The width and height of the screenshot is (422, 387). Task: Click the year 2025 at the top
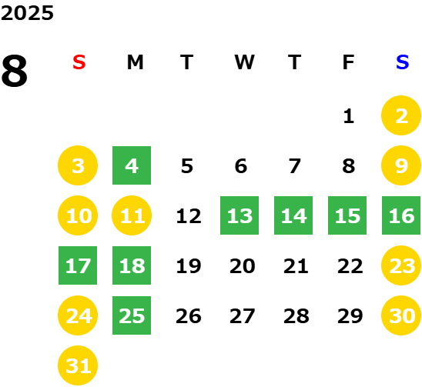pos(27,13)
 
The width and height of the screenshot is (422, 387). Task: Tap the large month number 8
pos(15,71)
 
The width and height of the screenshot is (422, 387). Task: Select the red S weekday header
pos(79,62)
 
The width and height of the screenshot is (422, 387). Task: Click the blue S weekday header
pos(402,62)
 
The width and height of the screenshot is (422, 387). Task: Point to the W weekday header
pos(244,62)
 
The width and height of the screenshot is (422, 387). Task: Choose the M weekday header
pos(135,62)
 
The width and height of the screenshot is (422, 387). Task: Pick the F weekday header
pos(348,62)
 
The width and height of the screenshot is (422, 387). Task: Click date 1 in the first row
pos(349,116)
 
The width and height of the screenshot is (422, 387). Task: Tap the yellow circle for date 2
pos(401,115)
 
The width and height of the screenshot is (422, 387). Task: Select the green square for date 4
pos(132,165)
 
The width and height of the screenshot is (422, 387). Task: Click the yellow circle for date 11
pos(132,215)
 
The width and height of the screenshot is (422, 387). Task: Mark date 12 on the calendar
pos(189,216)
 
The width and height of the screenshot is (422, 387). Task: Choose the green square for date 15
pos(347,215)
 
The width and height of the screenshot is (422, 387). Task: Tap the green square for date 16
pos(401,215)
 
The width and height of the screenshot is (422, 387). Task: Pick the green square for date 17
pos(78,265)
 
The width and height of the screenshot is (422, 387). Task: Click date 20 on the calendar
pos(243,266)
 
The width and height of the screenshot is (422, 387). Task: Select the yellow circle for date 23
pos(401,265)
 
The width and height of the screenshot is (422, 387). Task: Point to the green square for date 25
pos(132,315)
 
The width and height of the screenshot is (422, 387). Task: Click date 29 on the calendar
pos(350,316)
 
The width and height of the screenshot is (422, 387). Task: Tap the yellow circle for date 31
pos(78,365)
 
